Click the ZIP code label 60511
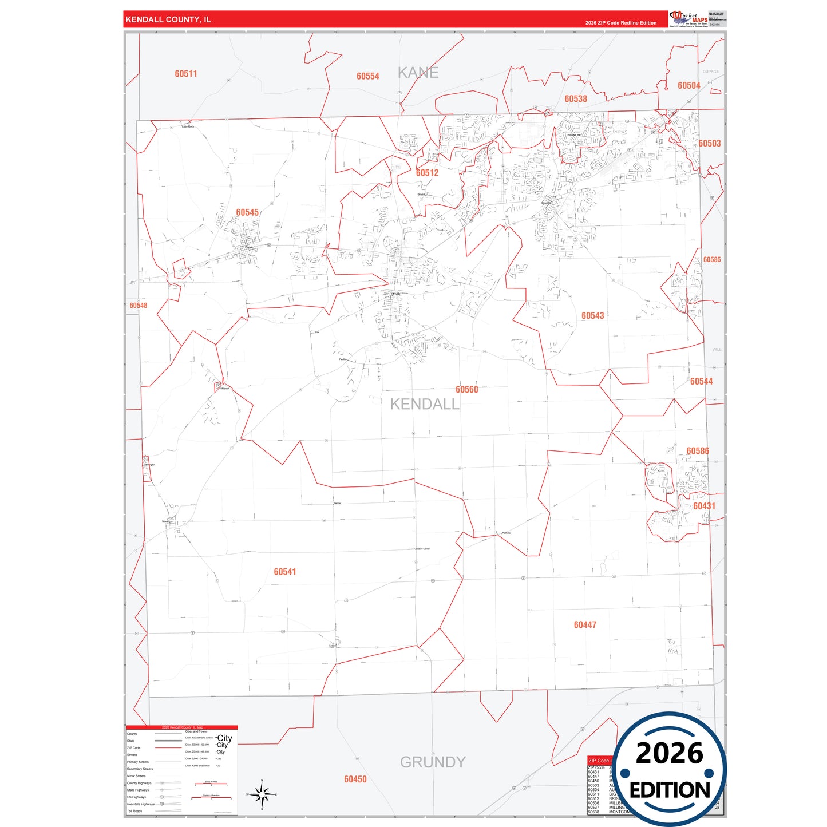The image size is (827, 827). coord(186,74)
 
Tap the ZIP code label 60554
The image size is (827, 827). coord(367,76)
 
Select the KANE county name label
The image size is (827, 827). coord(418,73)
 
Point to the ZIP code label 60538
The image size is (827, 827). coord(576,99)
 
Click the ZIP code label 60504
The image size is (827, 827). coord(688,86)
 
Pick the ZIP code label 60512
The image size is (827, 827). coord(427,173)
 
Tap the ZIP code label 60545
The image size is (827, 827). coord(247,213)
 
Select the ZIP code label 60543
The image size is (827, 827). coord(592,316)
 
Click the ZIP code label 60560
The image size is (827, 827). coord(466,390)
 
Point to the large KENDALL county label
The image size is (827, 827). coord(425,405)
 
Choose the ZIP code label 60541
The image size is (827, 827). coord(284,572)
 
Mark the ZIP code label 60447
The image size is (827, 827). coord(585,625)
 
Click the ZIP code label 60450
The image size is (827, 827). coord(355,779)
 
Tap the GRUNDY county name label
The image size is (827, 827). coord(433,762)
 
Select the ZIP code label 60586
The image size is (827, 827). coord(698,451)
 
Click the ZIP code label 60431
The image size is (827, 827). coord(704,506)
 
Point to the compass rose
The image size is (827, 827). coord(262,794)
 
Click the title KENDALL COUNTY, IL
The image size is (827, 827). coord(168,19)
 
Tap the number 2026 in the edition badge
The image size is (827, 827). coord(669,753)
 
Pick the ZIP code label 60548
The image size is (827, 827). coord(138,306)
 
